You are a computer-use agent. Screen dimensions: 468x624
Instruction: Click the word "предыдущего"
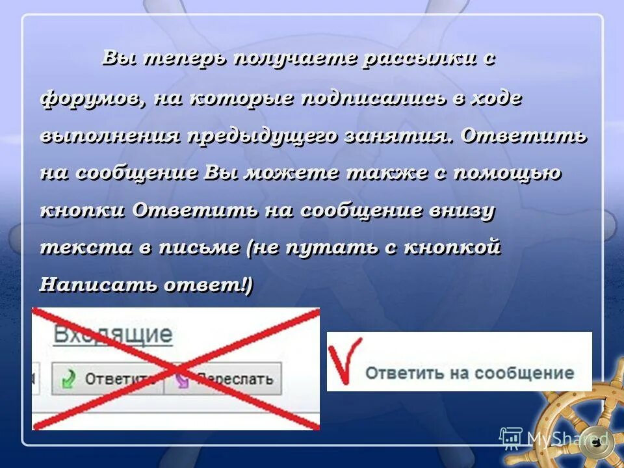point(264,136)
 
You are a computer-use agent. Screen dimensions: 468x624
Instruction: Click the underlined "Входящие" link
point(112,335)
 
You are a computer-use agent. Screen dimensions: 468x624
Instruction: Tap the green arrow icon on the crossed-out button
point(68,378)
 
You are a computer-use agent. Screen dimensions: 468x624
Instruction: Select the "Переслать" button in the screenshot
point(224,378)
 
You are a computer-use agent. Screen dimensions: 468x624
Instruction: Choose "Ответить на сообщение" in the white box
point(469,372)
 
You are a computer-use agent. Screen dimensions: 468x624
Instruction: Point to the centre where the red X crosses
point(175,369)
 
